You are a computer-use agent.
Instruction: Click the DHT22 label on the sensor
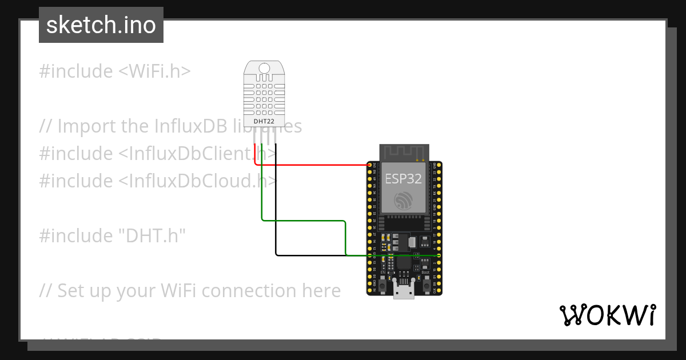point(264,122)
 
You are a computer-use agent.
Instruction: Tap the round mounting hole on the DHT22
point(264,69)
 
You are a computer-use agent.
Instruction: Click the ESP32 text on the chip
point(403,179)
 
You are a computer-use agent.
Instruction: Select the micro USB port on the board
point(404,291)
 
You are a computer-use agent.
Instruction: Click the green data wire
point(303,221)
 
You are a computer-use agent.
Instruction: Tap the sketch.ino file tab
point(101,25)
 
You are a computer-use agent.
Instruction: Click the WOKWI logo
point(607,315)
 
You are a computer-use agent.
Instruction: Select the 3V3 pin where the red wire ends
point(369,165)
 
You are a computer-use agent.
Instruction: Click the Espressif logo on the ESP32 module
point(404,201)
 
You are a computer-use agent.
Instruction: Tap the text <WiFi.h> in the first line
point(154,71)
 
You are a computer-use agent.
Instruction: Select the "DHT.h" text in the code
point(151,235)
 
